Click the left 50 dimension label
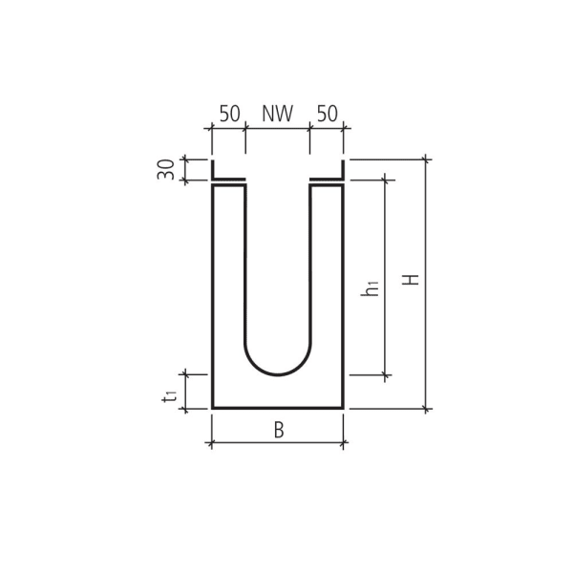229,114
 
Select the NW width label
277,114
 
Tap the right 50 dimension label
327,114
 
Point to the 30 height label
166,170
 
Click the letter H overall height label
411,280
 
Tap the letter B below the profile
278,431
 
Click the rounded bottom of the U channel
278,373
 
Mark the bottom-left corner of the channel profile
212,408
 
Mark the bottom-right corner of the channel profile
343,408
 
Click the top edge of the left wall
228,185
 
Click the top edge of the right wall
327,185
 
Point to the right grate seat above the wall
327,178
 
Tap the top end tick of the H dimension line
426,159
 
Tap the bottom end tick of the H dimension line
426,409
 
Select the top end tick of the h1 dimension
385,178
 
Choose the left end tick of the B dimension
212,443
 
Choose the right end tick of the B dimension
343,443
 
